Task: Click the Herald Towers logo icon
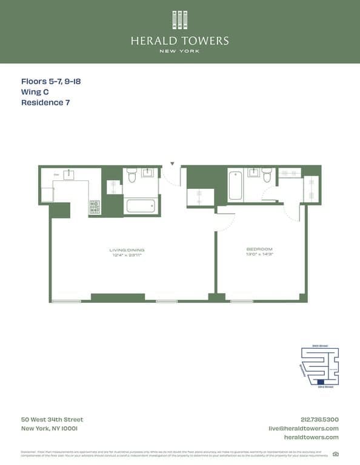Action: tap(179, 20)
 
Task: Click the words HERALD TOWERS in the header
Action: tap(179, 41)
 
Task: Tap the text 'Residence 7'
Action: tap(45, 103)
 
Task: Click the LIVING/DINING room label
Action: tap(127, 249)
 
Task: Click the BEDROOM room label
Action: tap(259, 249)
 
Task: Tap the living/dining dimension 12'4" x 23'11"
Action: tap(127, 255)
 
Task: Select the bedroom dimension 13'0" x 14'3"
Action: tap(259, 254)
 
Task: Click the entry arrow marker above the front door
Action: tap(172, 163)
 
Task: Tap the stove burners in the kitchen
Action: tap(95, 207)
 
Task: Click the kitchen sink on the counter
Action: tap(68, 175)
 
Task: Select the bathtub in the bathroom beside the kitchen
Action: tap(141, 205)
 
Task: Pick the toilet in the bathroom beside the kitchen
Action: tap(132, 175)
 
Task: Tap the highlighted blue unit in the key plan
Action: tap(321, 381)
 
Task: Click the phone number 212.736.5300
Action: tap(319, 420)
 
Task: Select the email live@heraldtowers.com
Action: tap(304, 428)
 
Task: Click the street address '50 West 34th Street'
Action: tap(52, 420)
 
